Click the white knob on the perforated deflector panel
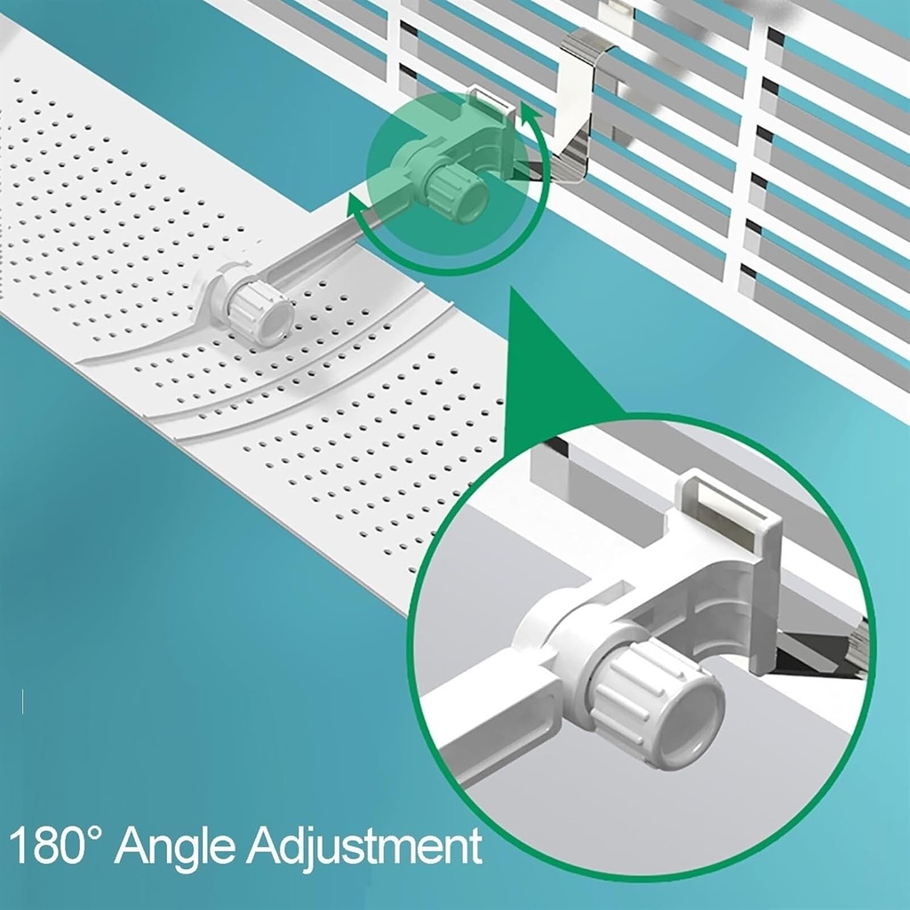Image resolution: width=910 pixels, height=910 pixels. [263, 315]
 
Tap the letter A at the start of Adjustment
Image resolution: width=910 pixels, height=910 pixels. [265, 846]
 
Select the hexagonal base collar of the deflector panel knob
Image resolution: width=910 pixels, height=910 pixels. [222, 291]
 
